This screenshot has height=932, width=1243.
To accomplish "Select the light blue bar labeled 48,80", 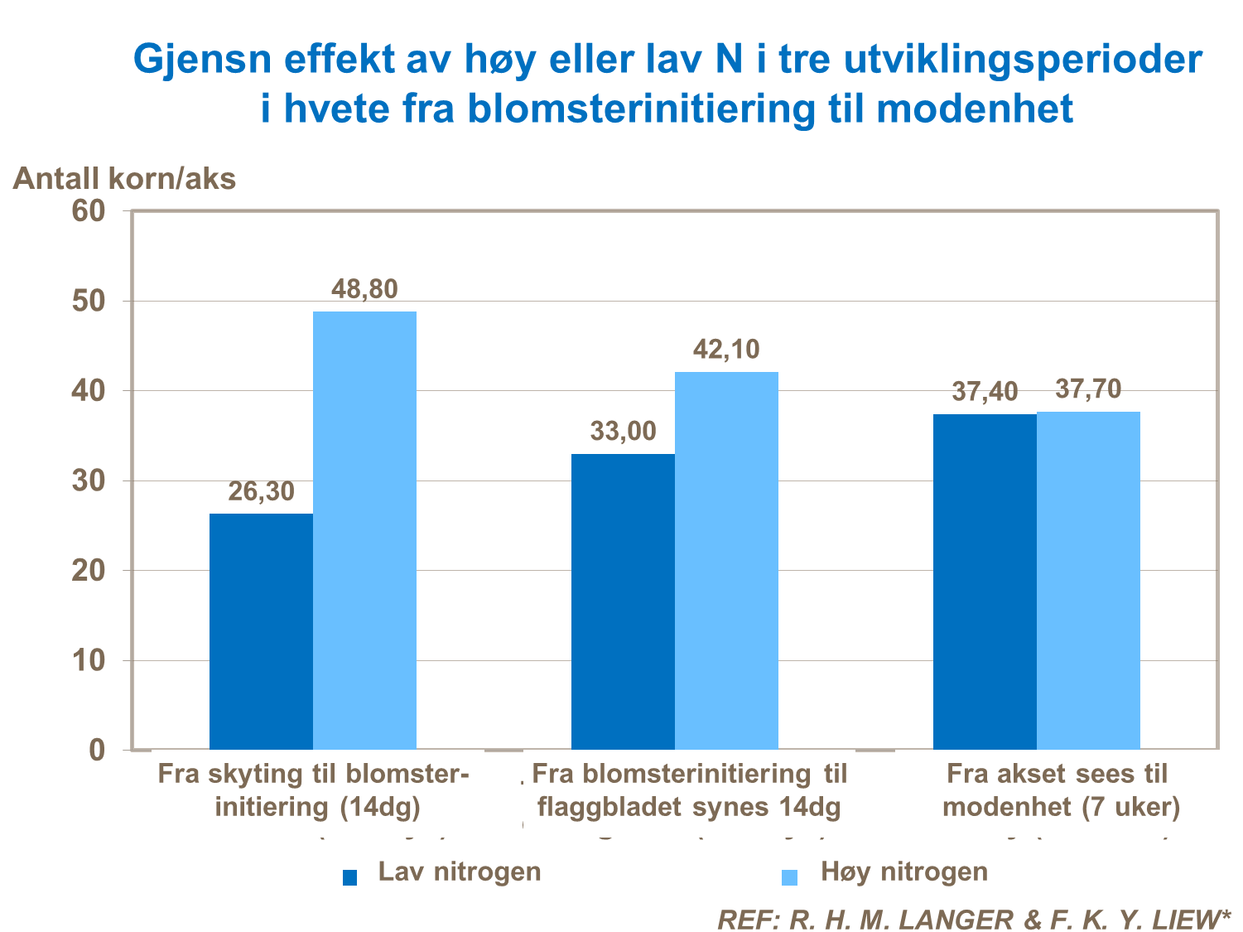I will coord(364,530).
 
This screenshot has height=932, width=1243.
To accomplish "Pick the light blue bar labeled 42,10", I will coord(726,561).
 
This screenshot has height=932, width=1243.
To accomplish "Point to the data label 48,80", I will coord(364,289).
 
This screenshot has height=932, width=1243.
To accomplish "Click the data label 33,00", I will coord(623,432).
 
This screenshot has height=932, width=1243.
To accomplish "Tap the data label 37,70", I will coord(1088,389).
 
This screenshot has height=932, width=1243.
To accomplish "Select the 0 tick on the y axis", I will coord(97,750).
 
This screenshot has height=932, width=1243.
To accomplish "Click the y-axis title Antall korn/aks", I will coord(124,178).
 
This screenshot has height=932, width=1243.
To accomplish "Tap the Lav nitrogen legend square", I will coord(349,876).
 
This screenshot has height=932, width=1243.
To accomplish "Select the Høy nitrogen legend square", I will coord(789,876).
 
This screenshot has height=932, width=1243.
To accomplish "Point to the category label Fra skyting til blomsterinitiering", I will coord(314,790).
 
